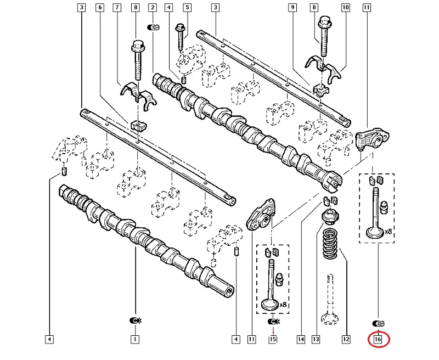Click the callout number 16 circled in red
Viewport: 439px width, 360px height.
point(378,340)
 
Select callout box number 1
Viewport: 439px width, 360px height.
point(134,340)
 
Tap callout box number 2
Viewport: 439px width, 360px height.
point(153,8)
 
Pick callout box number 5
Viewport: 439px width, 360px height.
point(187,8)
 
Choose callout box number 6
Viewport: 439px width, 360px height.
point(99,8)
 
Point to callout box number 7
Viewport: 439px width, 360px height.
point(117,8)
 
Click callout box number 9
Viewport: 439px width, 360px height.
point(292,8)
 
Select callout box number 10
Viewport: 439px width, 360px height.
point(346,8)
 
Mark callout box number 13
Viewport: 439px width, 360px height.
point(316,340)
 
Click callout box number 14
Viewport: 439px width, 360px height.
point(300,340)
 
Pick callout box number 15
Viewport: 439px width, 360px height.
point(273,340)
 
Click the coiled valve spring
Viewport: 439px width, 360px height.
point(330,245)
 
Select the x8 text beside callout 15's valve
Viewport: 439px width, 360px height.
point(284,304)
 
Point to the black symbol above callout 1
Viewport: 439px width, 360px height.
point(134,320)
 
